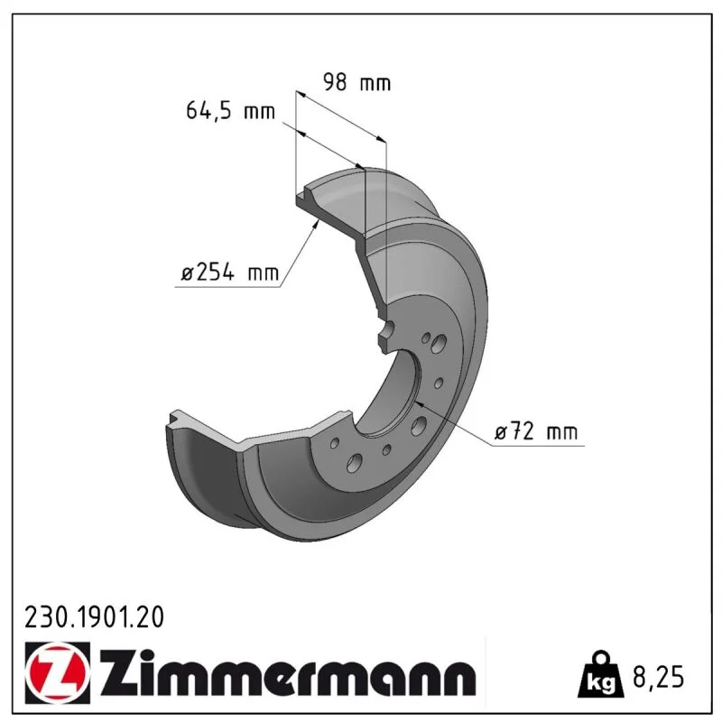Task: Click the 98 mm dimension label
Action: point(356,83)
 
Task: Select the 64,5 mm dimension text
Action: point(230,111)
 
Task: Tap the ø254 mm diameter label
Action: point(230,273)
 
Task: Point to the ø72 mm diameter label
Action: point(535,432)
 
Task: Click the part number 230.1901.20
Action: point(94,617)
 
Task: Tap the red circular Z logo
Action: point(58,672)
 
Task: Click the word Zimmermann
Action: point(288,672)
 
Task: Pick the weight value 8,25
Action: point(659,677)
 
